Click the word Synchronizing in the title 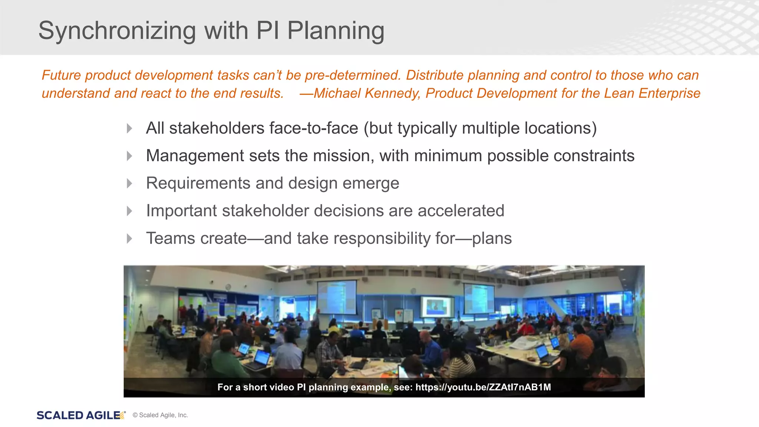tap(117, 30)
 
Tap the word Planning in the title tap(336, 30)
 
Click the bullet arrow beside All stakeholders tap(129, 129)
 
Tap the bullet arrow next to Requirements tap(129, 183)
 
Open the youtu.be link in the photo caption tap(483, 387)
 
